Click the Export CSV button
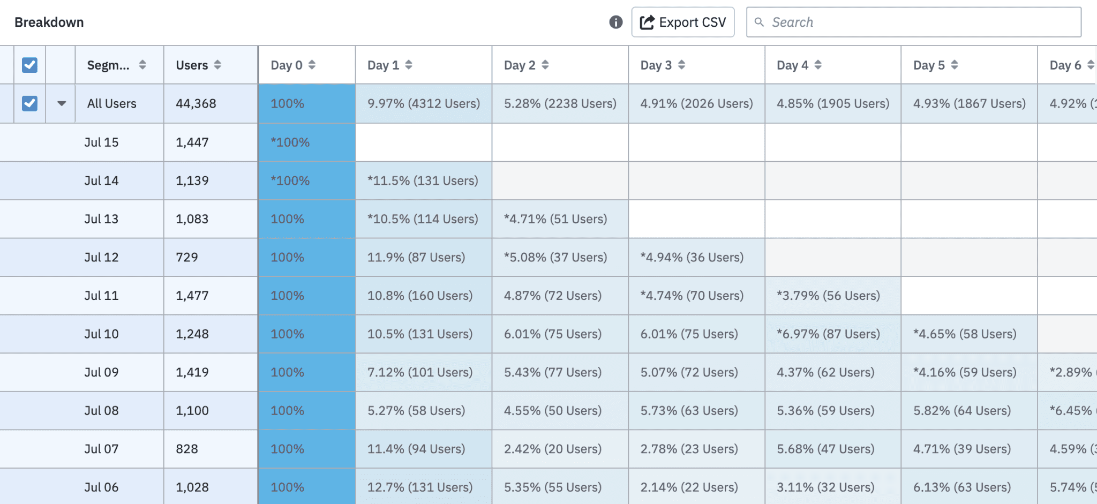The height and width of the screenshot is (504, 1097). click(x=682, y=22)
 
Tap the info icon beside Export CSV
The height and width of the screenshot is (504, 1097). click(x=615, y=22)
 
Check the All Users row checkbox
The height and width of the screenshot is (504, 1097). click(x=29, y=103)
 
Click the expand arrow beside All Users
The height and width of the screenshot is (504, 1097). click(x=62, y=103)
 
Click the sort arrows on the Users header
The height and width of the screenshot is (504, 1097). click(x=217, y=65)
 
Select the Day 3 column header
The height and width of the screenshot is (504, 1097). click(x=656, y=65)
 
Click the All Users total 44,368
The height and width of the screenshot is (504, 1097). click(x=196, y=103)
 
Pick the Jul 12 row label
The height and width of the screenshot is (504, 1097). click(x=101, y=257)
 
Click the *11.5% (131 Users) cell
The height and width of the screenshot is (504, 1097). click(x=423, y=180)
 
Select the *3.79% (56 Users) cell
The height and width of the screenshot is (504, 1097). click(x=828, y=296)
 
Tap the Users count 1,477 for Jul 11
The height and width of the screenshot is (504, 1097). click(x=192, y=296)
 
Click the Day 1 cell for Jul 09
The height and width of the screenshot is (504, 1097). click(x=420, y=372)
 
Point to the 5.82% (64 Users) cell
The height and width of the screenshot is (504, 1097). click(x=962, y=411)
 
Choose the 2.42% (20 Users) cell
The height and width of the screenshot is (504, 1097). click(x=552, y=449)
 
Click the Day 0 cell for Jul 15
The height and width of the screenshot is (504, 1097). click(x=306, y=142)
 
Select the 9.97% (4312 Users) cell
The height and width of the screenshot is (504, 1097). click(x=423, y=103)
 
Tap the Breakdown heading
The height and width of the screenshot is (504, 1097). click(x=49, y=22)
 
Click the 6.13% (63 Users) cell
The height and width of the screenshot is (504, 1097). click(x=962, y=487)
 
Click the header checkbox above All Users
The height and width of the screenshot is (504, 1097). click(x=29, y=65)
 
